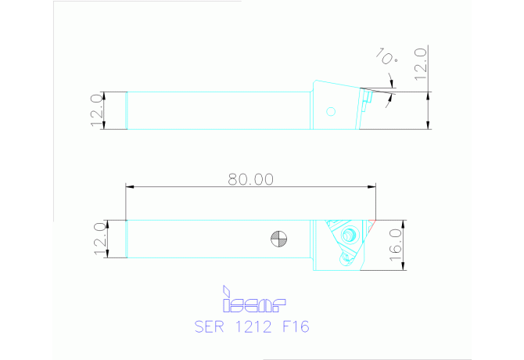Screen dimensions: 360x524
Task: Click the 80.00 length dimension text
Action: pyautogui.click(x=251, y=179)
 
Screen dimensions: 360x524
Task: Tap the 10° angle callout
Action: pyautogui.click(x=386, y=57)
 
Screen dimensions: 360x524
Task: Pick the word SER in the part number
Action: pyautogui.click(x=208, y=326)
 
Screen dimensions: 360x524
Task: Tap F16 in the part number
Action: pyautogui.click(x=295, y=326)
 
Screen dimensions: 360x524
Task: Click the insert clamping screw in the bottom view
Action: pyautogui.click(x=349, y=235)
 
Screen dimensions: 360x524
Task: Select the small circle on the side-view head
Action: pyautogui.click(x=331, y=111)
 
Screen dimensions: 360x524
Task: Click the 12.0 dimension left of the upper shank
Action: pyautogui.click(x=97, y=110)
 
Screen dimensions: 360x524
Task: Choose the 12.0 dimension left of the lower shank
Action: pyautogui.click(x=99, y=239)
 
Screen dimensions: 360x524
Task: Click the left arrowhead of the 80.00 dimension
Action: pyautogui.click(x=130, y=187)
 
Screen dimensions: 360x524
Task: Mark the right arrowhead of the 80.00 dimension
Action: pyautogui.click(x=372, y=187)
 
